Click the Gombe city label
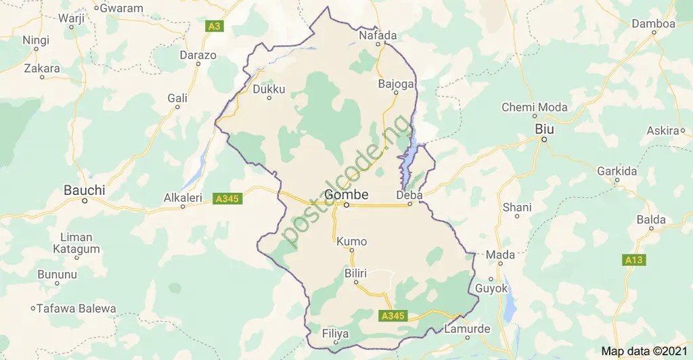point(346,195)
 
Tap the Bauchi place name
point(84,191)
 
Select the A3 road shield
point(214,26)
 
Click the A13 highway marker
point(633,260)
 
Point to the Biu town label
point(543,129)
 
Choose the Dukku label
point(269,89)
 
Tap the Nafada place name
point(378,35)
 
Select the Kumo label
point(351,242)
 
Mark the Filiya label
point(335,334)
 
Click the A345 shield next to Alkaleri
point(227,199)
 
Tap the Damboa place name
point(653,24)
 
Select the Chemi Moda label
point(534,108)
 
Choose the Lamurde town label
point(466,329)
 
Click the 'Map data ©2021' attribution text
point(644,351)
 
